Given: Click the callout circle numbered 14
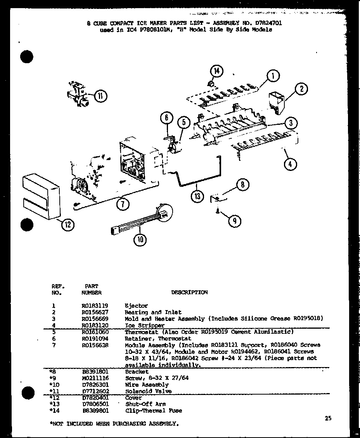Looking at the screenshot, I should [x=216, y=71].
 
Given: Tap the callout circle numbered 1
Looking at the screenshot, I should [x=273, y=76].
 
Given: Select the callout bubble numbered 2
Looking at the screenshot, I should [x=301, y=89].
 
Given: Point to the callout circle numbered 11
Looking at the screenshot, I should [x=100, y=96].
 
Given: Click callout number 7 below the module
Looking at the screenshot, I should [x=123, y=204].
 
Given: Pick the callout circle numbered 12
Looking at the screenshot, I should [x=68, y=224].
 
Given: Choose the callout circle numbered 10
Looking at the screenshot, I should [x=140, y=240].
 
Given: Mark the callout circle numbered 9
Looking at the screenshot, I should [x=234, y=221].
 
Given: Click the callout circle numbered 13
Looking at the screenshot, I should [x=197, y=196].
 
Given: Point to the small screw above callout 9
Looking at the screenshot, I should [x=218, y=210].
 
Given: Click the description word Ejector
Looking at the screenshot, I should [x=136, y=305].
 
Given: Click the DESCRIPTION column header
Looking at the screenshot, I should [x=189, y=293].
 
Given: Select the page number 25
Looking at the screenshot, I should [x=328, y=418].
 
